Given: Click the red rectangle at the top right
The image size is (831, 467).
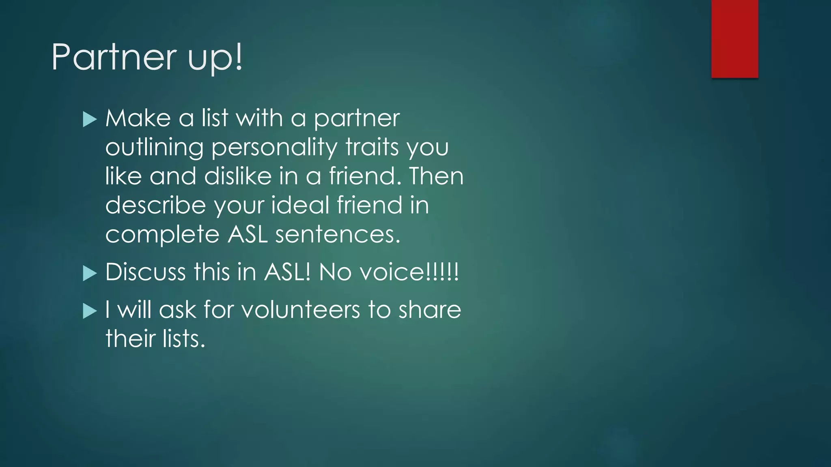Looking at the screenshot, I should pyautogui.click(x=734, y=39).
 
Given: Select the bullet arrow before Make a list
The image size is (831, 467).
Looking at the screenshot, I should pyautogui.click(x=90, y=120).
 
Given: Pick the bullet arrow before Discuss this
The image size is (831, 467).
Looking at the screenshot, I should pyautogui.click(x=90, y=273).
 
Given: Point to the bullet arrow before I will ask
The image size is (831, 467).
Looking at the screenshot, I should pyautogui.click(x=90, y=311).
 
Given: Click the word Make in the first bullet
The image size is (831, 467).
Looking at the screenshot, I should pyautogui.click(x=138, y=118).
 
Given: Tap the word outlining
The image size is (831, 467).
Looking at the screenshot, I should pyautogui.click(x=154, y=148).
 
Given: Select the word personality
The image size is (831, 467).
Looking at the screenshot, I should pyautogui.click(x=274, y=148).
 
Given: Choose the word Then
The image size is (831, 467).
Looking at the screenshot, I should pyautogui.click(x=436, y=176).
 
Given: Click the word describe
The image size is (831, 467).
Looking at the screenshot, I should pyautogui.click(x=155, y=206).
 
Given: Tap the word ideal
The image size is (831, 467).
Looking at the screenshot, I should pyautogui.click(x=300, y=205).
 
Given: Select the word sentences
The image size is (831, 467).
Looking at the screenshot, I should pyautogui.click(x=338, y=235).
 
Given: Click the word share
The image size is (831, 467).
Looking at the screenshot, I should pyautogui.click(x=430, y=310).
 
